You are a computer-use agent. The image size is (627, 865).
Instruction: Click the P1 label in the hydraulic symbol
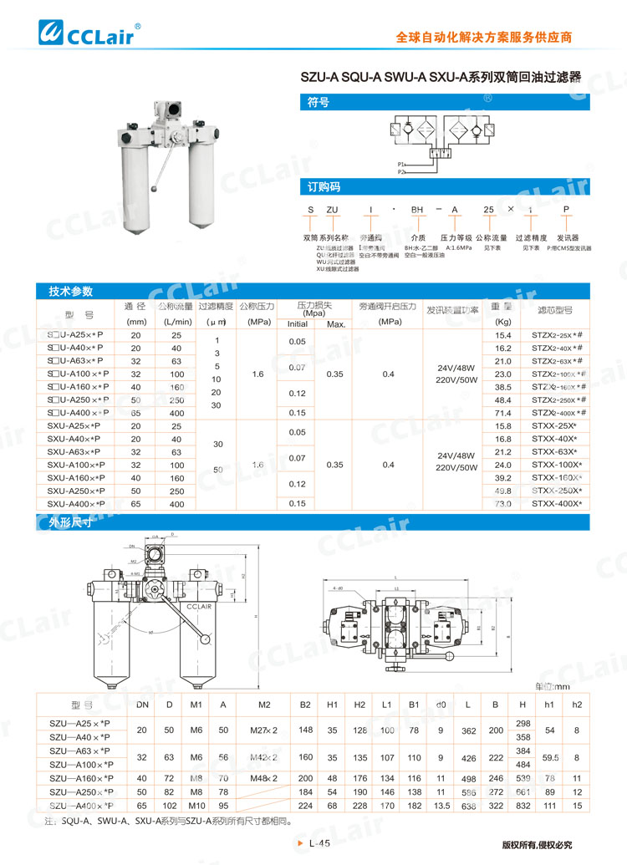point(401,164)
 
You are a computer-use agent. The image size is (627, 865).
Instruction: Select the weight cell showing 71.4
point(502,413)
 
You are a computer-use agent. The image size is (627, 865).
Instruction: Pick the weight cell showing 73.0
point(502,504)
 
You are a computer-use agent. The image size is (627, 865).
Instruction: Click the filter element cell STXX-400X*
point(555,504)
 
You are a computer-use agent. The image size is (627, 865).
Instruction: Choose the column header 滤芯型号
point(554,309)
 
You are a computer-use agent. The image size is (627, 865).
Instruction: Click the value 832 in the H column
point(523,806)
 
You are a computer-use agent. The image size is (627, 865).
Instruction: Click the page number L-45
point(321,845)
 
